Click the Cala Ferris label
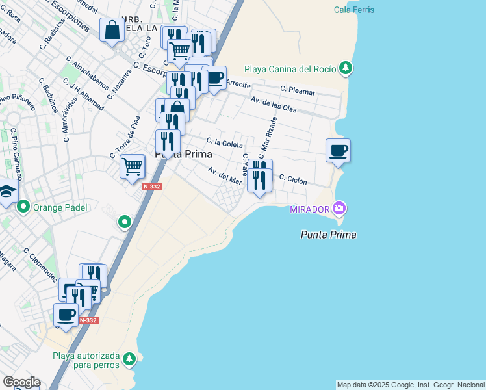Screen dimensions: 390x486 coord(354,10)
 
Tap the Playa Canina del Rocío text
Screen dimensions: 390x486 coord(290,70)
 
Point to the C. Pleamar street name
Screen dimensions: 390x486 coord(298,92)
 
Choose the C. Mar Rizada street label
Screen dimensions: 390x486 coord(268,138)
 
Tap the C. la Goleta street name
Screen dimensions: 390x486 coord(225,142)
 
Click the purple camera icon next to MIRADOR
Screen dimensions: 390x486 coord(339,209)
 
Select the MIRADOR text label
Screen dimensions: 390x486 coord(309,209)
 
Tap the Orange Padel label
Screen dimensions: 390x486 coord(60,207)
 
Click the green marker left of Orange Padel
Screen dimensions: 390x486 coord(24,207)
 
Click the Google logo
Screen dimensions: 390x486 coord(21,382)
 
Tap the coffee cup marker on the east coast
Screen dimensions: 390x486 coord(338,151)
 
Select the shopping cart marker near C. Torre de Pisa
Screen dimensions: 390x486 coord(132,166)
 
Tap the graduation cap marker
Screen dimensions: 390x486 coord(6,192)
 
